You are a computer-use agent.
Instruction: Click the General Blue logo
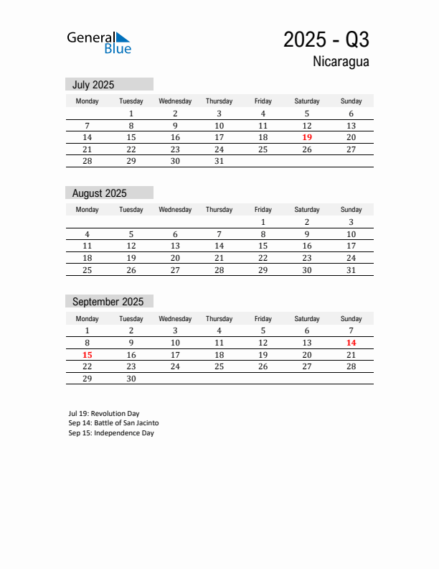click(x=99, y=42)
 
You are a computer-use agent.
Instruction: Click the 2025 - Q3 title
click(x=326, y=40)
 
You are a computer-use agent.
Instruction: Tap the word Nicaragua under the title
click(x=341, y=62)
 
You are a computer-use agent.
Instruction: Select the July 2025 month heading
click(x=93, y=85)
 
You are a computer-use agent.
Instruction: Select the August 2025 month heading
click(x=99, y=193)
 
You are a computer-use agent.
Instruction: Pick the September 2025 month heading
click(x=108, y=302)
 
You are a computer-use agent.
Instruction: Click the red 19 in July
click(x=307, y=137)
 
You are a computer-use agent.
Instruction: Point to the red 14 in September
click(x=351, y=343)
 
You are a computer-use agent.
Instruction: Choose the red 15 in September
click(x=87, y=355)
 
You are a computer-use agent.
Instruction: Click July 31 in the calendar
click(x=219, y=161)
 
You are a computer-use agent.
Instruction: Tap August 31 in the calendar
click(x=351, y=270)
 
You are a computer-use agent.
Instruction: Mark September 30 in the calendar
click(x=131, y=379)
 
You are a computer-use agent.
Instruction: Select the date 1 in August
click(x=263, y=222)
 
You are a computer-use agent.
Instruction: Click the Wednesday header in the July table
click(x=175, y=101)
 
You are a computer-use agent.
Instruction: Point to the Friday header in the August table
click(x=263, y=210)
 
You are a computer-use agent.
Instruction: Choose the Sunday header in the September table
click(x=351, y=319)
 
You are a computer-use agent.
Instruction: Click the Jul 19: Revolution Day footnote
click(x=104, y=414)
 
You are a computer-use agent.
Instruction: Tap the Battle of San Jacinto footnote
click(x=113, y=423)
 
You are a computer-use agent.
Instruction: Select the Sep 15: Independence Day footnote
click(x=111, y=433)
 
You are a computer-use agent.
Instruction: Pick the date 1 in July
click(x=131, y=114)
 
